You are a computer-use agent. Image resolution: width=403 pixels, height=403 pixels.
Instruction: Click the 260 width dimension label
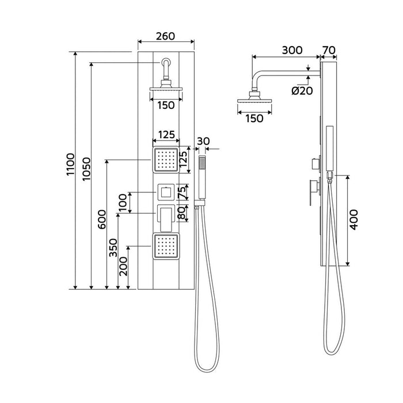(x=166, y=36)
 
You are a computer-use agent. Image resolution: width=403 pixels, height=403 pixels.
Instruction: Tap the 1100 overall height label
(x=70, y=164)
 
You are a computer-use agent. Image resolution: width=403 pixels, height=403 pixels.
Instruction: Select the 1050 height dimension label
(x=86, y=169)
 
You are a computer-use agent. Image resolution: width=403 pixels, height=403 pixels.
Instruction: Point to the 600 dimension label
(x=102, y=219)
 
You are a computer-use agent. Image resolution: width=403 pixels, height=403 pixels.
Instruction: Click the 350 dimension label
(x=113, y=248)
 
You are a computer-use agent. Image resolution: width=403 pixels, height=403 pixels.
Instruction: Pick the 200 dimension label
(x=124, y=266)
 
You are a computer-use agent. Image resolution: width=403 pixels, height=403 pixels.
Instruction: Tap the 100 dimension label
(x=123, y=203)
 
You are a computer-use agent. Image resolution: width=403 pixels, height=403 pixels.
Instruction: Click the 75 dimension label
(x=181, y=193)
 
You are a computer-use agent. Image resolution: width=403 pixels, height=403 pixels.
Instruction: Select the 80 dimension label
(x=181, y=213)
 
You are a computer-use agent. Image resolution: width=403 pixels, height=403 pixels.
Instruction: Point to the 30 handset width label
(x=203, y=141)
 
